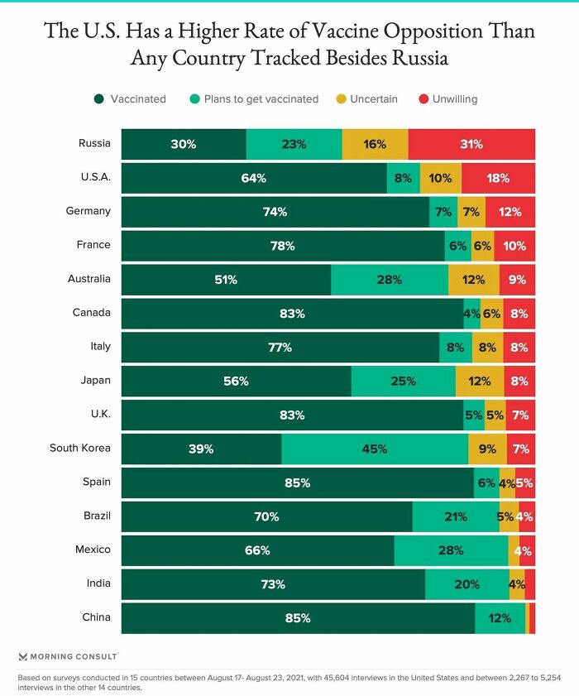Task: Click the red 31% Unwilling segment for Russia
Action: [471, 144]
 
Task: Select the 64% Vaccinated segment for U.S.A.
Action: [254, 178]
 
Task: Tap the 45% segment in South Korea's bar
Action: [375, 449]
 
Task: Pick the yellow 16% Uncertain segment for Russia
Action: [375, 144]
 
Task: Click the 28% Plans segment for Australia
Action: [390, 280]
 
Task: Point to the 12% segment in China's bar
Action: [500, 618]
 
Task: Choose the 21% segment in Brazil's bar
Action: [456, 516]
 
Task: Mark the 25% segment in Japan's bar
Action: [403, 382]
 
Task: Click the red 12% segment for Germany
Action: [510, 212]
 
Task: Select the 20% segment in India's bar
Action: [467, 584]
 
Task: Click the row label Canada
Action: [92, 313]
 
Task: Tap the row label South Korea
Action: [80, 448]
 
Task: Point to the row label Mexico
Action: [93, 550]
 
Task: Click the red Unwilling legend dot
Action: [423, 99]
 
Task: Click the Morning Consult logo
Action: [68, 656]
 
